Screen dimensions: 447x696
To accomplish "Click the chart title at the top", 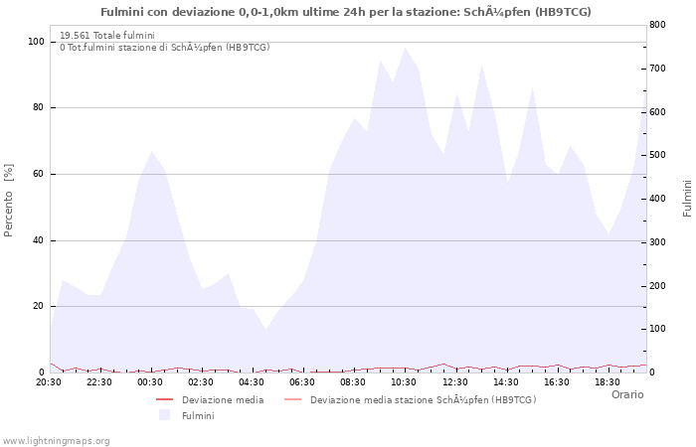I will [346, 12].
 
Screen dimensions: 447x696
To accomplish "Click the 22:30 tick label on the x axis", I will [99, 381].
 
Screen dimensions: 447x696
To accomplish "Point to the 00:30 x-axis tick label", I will [150, 381].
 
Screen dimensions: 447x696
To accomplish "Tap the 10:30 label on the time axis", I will [404, 381].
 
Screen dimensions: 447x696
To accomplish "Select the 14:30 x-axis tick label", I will [505, 381].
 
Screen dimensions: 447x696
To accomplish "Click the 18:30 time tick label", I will [607, 381].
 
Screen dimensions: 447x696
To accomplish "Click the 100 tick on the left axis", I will [36, 42].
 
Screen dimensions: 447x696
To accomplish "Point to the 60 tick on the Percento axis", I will [39, 174].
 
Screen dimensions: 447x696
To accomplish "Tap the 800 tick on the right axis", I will [657, 24].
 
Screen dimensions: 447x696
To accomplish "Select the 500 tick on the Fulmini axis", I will [657, 155].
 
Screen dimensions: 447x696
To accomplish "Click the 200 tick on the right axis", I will [657, 285].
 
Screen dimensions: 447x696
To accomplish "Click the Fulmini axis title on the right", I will [687, 198].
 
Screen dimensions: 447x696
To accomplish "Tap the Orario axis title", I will [627, 394].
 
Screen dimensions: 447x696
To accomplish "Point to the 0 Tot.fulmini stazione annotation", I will [164, 47].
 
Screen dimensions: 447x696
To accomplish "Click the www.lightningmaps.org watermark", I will [56, 440].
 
